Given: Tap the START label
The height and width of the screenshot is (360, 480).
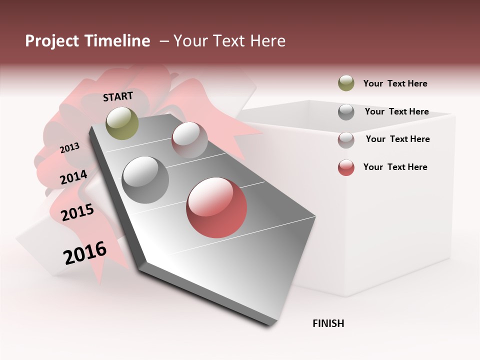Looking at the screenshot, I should [x=118, y=96].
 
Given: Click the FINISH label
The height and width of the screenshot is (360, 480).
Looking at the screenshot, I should [x=328, y=323].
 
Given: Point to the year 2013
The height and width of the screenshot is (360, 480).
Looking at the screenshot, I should [x=69, y=147].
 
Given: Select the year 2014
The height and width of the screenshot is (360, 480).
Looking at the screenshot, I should [x=73, y=177].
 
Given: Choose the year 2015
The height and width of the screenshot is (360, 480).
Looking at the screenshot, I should [x=77, y=212].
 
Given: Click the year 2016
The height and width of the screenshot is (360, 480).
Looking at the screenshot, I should [x=85, y=252].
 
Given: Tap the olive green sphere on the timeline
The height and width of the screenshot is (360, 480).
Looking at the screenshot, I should [x=122, y=123].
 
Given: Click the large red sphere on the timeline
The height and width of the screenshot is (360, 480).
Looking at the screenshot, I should [x=216, y=207].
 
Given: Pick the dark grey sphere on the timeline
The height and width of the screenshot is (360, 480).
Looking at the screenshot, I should [x=145, y=180].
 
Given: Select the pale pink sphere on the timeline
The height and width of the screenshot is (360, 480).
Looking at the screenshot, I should [x=189, y=140].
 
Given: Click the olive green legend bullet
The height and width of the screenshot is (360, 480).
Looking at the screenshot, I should [x=346, y=83].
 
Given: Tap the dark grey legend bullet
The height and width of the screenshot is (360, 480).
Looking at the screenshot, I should [x=346, y=112].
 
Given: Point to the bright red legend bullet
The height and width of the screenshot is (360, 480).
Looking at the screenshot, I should [x=346, y=167].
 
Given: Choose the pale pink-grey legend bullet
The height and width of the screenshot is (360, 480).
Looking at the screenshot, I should [x=346, y=140].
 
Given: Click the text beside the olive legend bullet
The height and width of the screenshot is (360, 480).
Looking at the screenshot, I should [x=395, y=83].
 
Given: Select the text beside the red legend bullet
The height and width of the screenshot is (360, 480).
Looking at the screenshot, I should [x=395, y=167].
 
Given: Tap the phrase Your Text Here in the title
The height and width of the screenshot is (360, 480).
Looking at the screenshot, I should [x=229, y=41].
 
